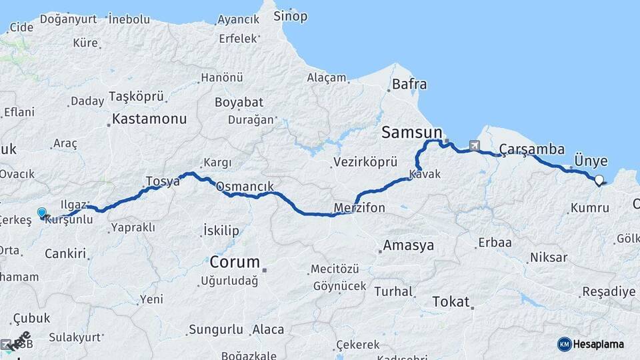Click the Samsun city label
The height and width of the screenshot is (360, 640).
[x=411, y=133]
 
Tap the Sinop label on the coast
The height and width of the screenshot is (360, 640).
[x=291, y=16]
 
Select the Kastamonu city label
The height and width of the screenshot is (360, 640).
[x=149, y=119]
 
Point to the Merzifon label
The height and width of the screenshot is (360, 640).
[x=360, y=208]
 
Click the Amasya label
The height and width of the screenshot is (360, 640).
[x=408, y=245]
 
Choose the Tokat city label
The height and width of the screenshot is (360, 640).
[x=451, y=301]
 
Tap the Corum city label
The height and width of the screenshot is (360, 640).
[x=235, y=261]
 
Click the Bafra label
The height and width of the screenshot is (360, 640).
[x=409, y=85]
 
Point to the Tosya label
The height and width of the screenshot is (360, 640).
[x=163, y=181]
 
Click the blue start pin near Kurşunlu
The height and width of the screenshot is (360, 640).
[x=42, y=213]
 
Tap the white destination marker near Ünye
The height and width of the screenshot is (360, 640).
[x=599, y=179]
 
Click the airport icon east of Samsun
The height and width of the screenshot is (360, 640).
[x=474, y=145]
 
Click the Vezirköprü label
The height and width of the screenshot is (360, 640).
[x=365, y=162]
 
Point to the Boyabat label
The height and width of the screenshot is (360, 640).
[x=239, y=103]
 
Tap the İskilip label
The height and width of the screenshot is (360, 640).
[x=221, y=231]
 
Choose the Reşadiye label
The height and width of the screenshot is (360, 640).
[x=609, y=291]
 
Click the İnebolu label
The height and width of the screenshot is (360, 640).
[x=129, y=19]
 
